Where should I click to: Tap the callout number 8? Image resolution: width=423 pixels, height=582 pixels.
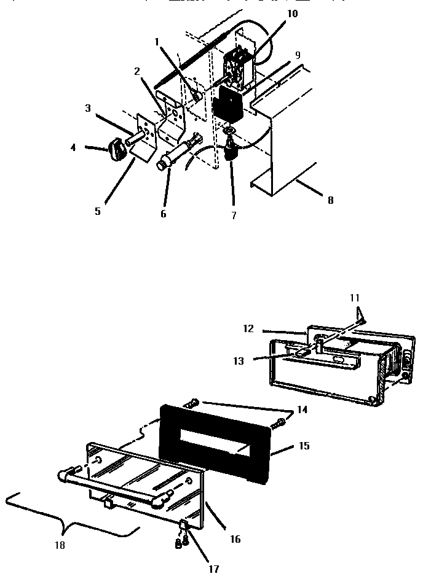click(x=330, y=200)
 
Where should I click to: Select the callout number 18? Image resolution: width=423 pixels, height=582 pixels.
click(x=60, y=545)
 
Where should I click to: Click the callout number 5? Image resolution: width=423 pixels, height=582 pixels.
click(x=97, y=211)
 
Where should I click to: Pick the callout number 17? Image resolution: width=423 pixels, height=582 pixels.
click(x=213, y=569)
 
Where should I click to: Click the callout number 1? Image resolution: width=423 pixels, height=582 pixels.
click(x=157, y=42)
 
